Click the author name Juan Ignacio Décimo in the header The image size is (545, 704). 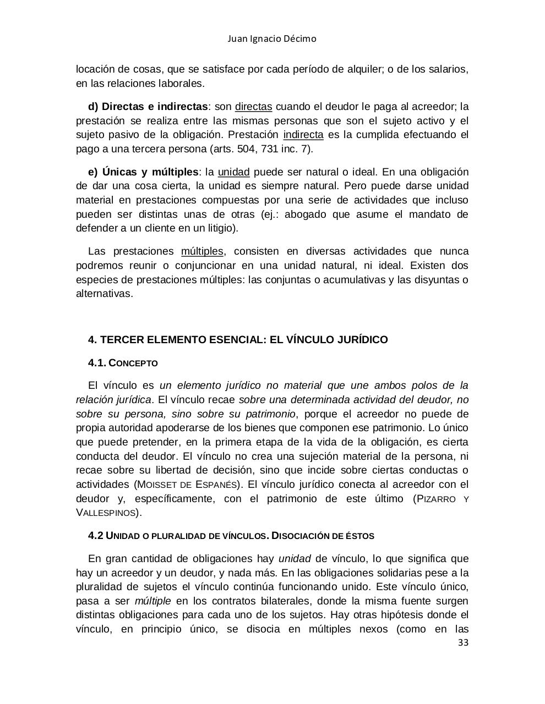[x=272, y=39]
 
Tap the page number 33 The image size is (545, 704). [x=463, y=643]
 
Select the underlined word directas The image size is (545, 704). [x=253, y=107]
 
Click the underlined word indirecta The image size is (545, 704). [x=303, y=135]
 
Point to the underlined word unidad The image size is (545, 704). [x=234, y=172]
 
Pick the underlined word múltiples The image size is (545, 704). [x=202, y=251]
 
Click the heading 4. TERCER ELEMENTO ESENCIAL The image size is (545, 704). [x=238, y=340]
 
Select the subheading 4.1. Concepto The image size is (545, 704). [x=123, y=363]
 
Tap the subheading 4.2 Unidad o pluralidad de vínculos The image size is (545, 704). [x=231, y=536]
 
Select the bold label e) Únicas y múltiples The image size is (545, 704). [x=143, y=172]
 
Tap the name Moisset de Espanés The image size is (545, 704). [x=187, y=485]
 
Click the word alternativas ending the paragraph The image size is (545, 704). [x=104, y=294]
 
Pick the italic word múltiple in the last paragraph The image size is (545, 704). [x=152, y=601]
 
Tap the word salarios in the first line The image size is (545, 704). [x=448, y=70]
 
